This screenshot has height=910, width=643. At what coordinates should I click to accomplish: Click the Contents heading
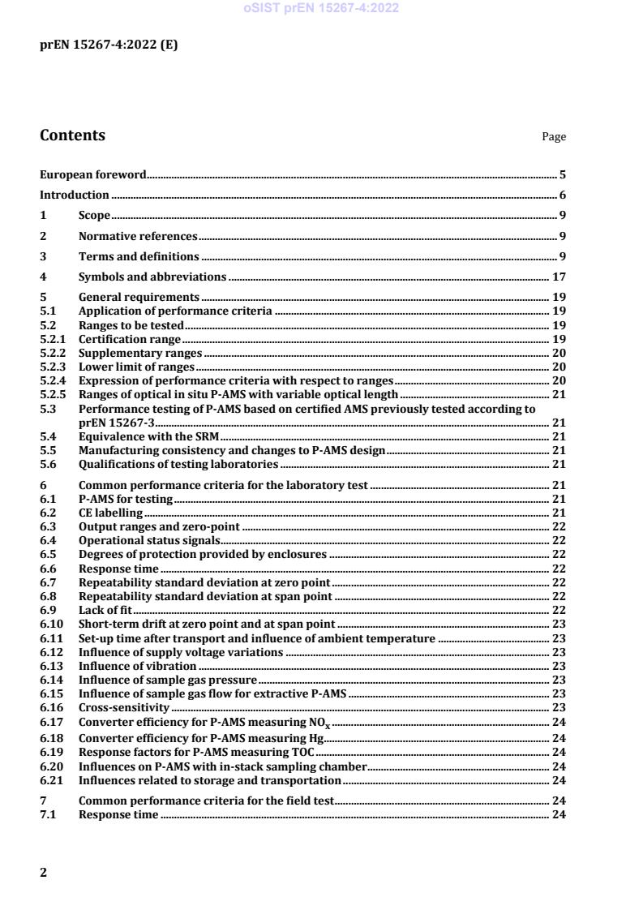point(72,135)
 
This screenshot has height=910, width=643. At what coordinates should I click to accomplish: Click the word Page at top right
point(554,137)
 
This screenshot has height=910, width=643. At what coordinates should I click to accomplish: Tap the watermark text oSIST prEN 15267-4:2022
point(320,9)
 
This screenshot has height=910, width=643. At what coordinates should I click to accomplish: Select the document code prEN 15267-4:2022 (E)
point(109,45)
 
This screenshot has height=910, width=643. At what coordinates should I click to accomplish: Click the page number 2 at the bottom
point(44,873)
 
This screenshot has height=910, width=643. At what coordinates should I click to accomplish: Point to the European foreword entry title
point(93,174)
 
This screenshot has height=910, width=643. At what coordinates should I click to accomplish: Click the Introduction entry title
point(75,195)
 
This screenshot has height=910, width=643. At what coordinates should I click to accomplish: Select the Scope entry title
point(94,215)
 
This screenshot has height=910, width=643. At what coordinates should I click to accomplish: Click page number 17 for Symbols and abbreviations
point(559,277)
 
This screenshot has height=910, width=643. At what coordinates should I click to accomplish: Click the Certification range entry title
point(129,339)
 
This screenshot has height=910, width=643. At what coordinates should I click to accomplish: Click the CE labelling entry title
point(110,513)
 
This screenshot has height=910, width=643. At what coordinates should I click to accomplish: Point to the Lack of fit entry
point(105,610)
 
